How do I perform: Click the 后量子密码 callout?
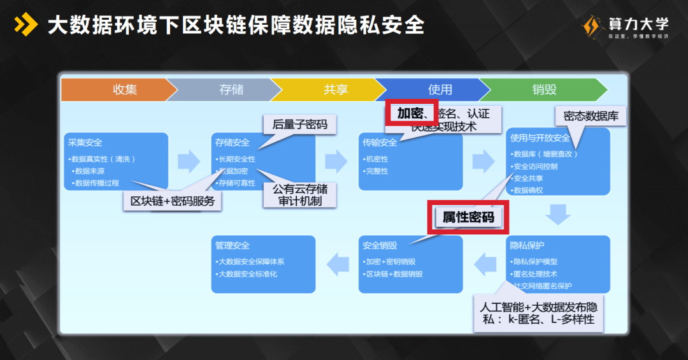click(299, 125)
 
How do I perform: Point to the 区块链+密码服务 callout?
click(173, 201)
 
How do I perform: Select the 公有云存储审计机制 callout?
click(300, 195)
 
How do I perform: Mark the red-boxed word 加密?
click(410, 113)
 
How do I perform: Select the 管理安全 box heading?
click(233, 245)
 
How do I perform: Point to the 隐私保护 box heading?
click(527, 245)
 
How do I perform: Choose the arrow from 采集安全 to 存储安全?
click(189, 161)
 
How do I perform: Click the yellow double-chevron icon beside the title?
click(26, 25)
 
